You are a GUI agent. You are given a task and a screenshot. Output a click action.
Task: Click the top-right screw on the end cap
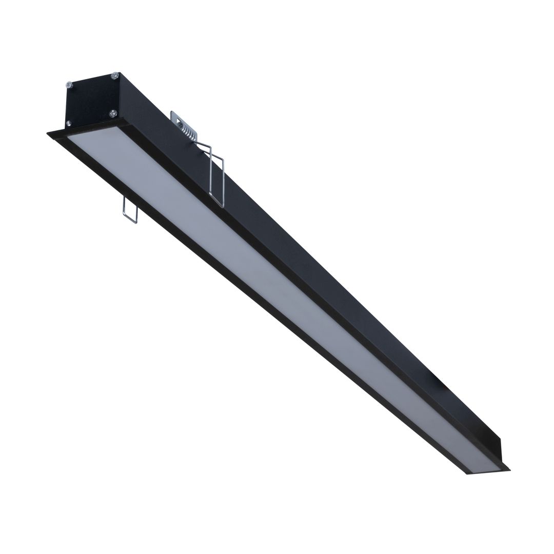click(114, 76)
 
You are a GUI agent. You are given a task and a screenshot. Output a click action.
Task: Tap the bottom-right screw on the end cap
click(113, 113)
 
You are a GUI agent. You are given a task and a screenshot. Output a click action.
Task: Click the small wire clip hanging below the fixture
click(130, 210)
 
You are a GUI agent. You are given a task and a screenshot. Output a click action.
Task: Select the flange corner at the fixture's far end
click(508, 469)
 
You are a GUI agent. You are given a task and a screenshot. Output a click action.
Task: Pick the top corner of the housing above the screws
click(120, 73)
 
